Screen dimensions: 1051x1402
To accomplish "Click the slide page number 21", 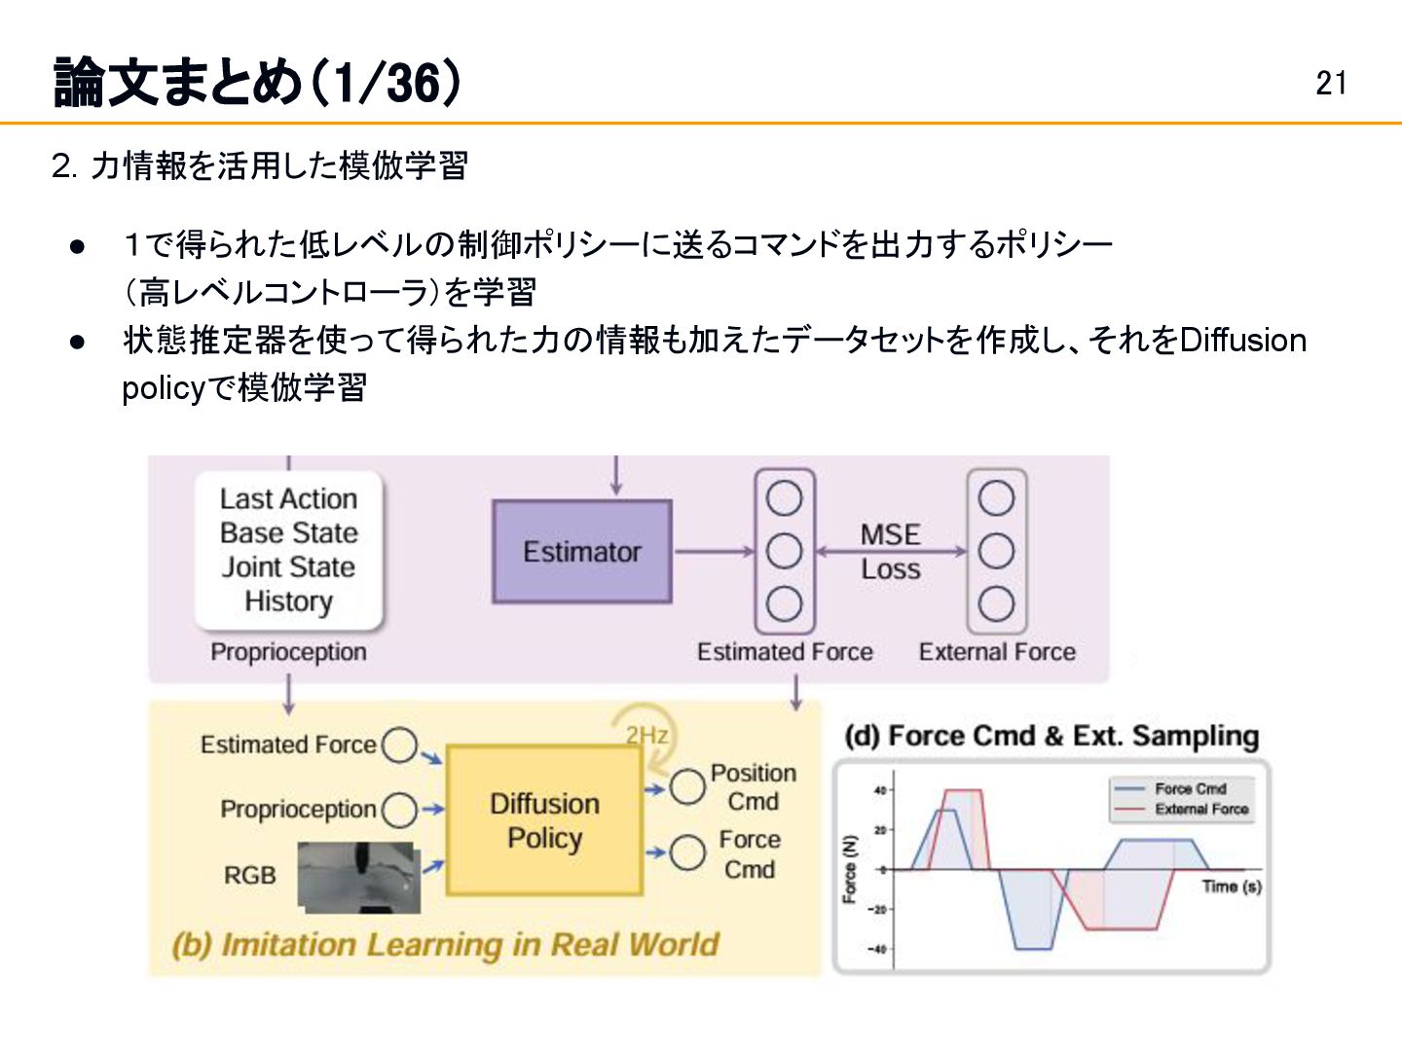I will pos(1331,84).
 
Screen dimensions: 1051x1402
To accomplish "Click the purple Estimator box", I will pos(581,552).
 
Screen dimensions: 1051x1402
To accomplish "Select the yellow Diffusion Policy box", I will pos(543,820).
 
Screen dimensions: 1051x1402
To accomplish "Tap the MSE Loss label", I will pos(890,552).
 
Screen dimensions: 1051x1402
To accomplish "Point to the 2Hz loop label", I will pos(646,735).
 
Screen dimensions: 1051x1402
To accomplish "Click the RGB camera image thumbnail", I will pos(359,877).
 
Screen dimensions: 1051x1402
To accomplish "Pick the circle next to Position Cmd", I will pos(687,786).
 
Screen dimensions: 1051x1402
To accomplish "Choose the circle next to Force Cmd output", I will pos(687,853).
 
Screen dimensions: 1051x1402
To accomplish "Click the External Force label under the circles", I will pos(997,652).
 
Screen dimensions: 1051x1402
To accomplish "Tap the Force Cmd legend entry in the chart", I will pos(1190,789).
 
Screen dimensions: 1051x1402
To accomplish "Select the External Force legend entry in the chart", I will pos(1200,810).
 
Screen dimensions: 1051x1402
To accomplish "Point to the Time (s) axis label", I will pos(1232,887).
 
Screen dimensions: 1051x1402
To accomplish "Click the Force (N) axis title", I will pos(850,869).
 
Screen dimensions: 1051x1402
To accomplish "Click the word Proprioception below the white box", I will pos(288,652).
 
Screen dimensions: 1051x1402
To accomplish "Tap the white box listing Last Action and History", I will pos(288,550).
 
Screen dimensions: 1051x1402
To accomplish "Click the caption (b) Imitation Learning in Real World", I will pos(445,945).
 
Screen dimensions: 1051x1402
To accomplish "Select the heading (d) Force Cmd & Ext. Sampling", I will pos(1051,737).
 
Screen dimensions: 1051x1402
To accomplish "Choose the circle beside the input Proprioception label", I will pos(398,810).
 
